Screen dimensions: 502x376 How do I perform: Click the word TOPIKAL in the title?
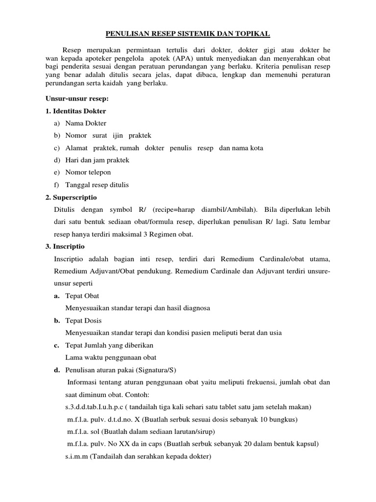252,34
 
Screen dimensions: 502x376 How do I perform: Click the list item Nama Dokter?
86,124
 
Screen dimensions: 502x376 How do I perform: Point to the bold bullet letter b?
57,321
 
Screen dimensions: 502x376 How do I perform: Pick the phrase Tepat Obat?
82,296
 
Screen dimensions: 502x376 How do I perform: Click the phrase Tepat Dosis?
84,321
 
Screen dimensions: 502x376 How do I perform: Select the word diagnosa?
196,308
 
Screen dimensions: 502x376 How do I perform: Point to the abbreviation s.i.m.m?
76,456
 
